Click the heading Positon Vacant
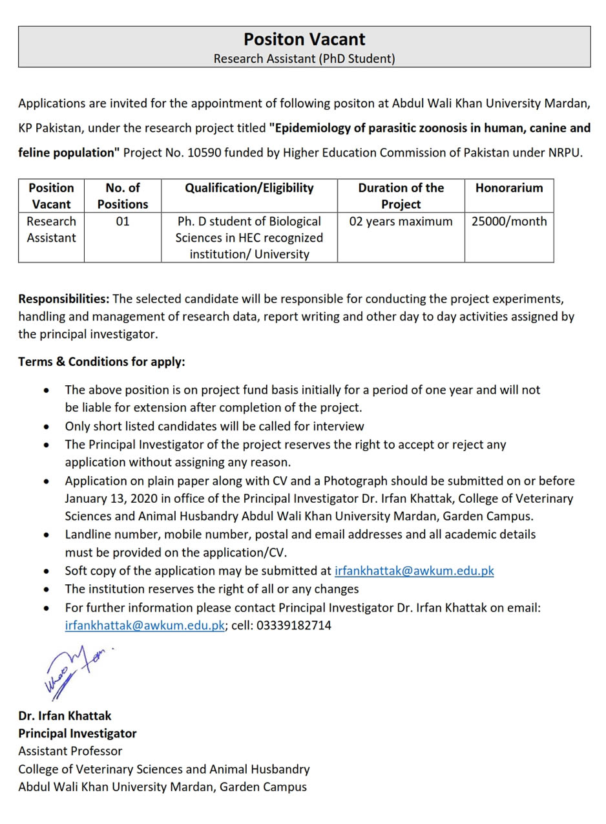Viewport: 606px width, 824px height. [304, 39]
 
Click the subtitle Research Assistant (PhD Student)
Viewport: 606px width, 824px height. [304, 59]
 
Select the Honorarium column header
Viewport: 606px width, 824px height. [509, 188]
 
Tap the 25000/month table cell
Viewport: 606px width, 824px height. [509, 222]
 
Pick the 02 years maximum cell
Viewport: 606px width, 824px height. [401, 222]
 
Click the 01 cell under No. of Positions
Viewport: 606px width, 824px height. [123, 222]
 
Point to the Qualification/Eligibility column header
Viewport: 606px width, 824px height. [249, 188]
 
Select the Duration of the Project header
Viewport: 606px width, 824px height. [401, 196]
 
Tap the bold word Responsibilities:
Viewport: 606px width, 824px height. [64, 299]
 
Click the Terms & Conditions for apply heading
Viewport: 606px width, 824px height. [101, 362]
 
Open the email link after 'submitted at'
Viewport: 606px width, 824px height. [414, 571]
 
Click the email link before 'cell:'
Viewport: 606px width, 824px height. [145, 626]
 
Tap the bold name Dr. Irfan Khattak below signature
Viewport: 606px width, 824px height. [65, 716]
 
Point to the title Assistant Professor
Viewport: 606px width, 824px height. [70, 751]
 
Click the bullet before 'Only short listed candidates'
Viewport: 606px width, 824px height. [47, 427]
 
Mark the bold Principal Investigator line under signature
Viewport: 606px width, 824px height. [78, 734]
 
